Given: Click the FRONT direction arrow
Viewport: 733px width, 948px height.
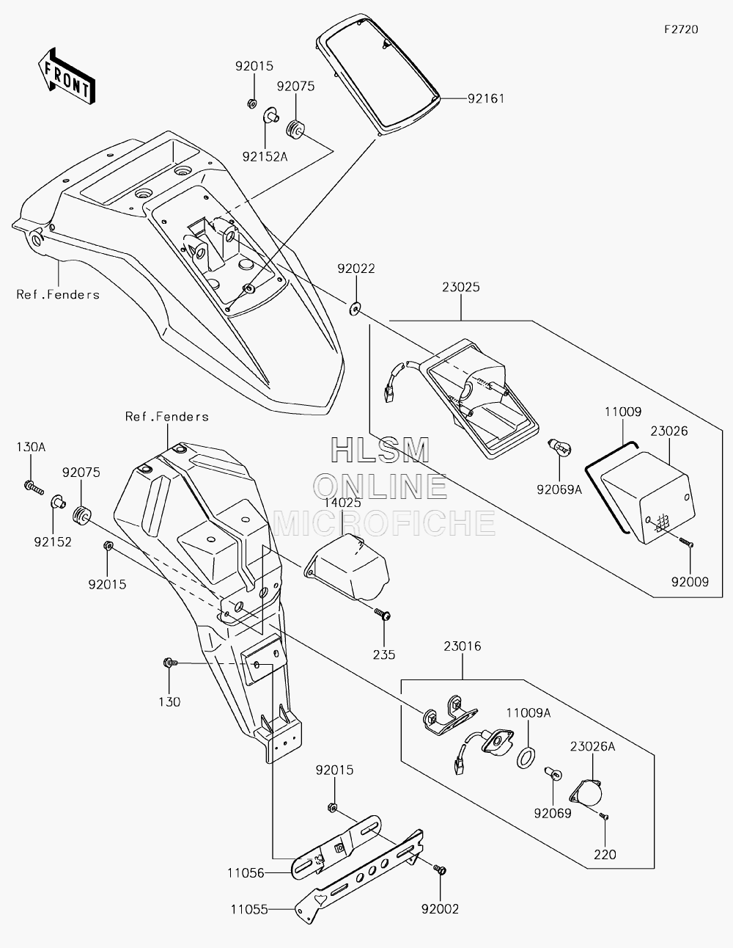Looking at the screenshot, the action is pos(66,76).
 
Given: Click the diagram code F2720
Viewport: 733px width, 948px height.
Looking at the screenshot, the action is pos(681,29).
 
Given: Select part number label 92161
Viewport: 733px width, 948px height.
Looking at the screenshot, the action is pos(486,98).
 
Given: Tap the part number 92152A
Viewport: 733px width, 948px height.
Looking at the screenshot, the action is pos(265,156).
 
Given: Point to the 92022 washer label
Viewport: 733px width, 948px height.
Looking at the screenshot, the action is pos(356,269).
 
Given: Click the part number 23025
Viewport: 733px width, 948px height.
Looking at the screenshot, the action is pos(461,287).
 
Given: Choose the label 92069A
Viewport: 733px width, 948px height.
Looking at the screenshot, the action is pos(559,489).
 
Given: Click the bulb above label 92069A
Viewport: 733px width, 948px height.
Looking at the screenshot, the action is pos(559,447).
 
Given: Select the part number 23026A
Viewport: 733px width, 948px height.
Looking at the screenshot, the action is pos(593,746).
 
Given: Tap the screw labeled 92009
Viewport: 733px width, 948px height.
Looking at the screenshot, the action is pos(686,543).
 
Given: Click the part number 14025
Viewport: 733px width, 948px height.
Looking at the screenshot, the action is pos(342,503).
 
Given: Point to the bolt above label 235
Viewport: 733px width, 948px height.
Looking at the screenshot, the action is pos(382,615).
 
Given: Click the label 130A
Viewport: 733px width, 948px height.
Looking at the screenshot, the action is pos(31,447).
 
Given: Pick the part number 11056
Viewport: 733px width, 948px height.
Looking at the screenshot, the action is pos(246,873).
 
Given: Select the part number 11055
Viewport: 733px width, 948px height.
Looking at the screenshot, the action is pos(249,910).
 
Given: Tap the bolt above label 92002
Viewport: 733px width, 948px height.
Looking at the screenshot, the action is pos(440,870).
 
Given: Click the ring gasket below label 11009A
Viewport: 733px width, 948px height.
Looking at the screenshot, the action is pos(526,757).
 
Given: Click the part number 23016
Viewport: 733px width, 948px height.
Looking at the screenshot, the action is pos(463,646).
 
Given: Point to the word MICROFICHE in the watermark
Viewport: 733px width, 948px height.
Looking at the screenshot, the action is pos(384,522).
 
